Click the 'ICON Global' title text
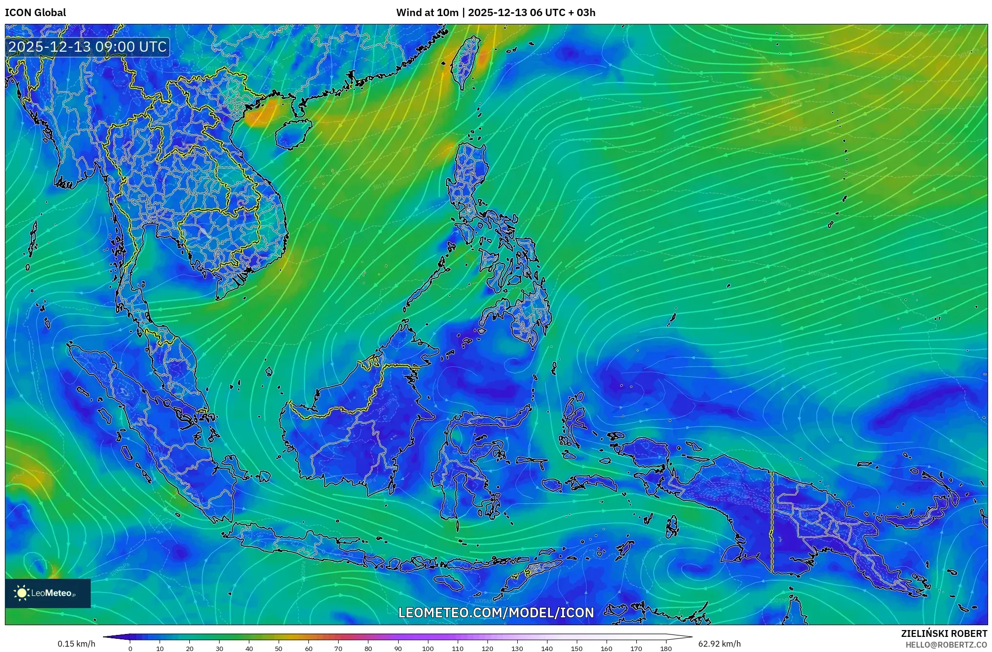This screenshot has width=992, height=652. point(35,13)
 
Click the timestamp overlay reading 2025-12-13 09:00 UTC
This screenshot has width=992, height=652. point(88,47)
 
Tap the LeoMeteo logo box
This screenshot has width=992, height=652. point(48,593)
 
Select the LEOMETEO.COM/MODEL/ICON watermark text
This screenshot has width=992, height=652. point(496,613)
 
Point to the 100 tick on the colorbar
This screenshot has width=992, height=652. point(428,649)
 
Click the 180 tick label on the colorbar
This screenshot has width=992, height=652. point(666,649)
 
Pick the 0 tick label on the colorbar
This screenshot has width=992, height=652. point(130,649)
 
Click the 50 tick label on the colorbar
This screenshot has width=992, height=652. point(279,649)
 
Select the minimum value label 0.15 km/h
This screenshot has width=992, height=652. point(76,644)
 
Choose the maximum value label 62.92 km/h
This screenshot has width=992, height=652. point(719,644)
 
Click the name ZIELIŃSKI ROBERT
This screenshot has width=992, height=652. point(944,633)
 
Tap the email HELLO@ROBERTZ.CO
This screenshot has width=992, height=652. point(946,645)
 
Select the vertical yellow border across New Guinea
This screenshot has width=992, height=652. point(772,522)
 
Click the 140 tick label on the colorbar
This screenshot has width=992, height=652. point(547,649)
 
